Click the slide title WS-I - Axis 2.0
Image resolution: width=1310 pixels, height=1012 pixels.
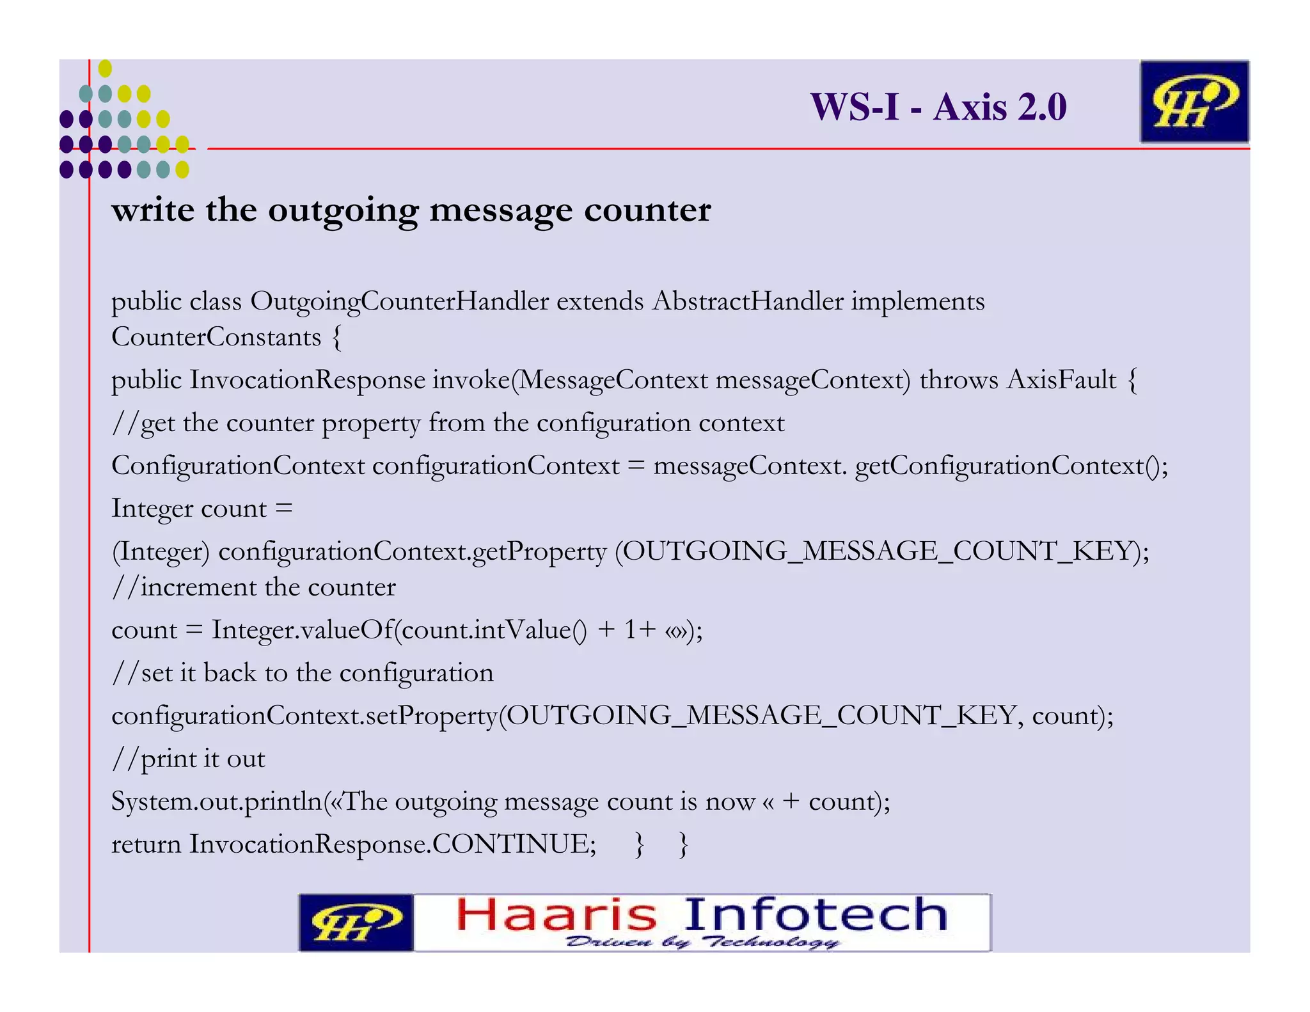[x=938, y=106]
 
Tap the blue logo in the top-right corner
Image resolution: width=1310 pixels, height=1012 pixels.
[x=1194, y=102]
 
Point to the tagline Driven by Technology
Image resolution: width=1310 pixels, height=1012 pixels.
[x=702, y=942]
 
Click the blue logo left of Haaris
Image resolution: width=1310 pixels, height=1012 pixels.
[x=356, y=922]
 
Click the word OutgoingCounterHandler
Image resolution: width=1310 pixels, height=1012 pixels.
[x=399, y=301]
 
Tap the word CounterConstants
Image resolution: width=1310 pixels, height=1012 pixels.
[x=216, y=337]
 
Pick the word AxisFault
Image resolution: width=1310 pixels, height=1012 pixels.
[x=1061, y=380]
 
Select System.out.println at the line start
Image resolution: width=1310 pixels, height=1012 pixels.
[x=216, y=802]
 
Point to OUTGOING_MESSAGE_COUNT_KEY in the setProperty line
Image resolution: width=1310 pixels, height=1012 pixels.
[x=761, y=715]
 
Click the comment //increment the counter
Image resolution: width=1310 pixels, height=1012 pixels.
[x=254, y=587]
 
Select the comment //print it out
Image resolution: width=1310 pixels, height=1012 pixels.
[x=188, y=759]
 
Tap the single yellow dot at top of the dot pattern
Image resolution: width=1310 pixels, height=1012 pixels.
[x=105, y=68]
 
